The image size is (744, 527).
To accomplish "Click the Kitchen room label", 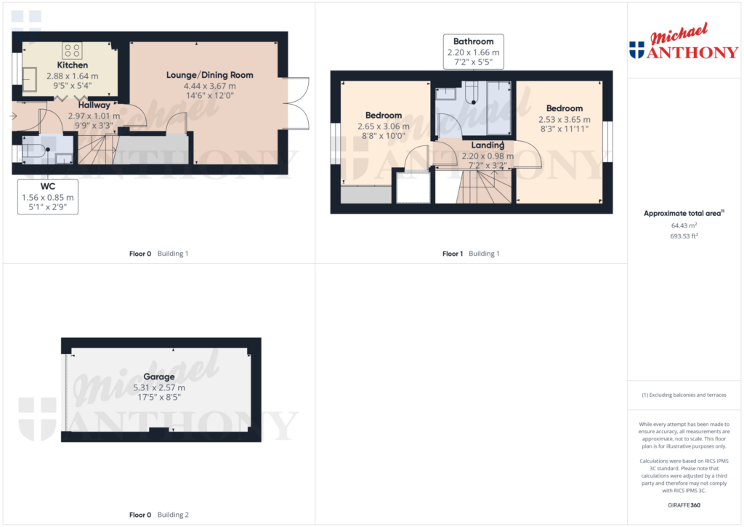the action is coord(72,65).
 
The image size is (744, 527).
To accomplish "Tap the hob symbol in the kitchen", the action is coord(72,51).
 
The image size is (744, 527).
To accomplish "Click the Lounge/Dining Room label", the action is coord(210,75).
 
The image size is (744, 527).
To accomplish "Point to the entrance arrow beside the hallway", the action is coord(13,116).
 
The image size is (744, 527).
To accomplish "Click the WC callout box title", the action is coord(48,187).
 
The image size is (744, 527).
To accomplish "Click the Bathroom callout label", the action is coord(473,41).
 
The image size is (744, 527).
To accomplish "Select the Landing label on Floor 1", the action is coord(488,145).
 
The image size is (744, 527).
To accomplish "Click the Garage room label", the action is coord(159,377).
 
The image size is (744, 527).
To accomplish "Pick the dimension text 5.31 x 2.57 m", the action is coord(159,387).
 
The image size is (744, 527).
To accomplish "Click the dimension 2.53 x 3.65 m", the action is coord(564,120).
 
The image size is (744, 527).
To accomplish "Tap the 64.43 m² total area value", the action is coord(684,225).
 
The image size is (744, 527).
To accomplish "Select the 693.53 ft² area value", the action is coord(684,236).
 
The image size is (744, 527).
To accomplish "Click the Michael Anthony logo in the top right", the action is coord(684,41).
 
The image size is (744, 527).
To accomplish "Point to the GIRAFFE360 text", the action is coord(684,505).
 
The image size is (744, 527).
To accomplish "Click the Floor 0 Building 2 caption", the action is coord(159,515).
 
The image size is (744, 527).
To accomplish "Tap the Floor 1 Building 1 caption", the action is coord(471,254).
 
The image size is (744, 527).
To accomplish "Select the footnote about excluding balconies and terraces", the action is coord(684,395).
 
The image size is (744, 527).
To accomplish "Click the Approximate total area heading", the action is coord(684,213).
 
